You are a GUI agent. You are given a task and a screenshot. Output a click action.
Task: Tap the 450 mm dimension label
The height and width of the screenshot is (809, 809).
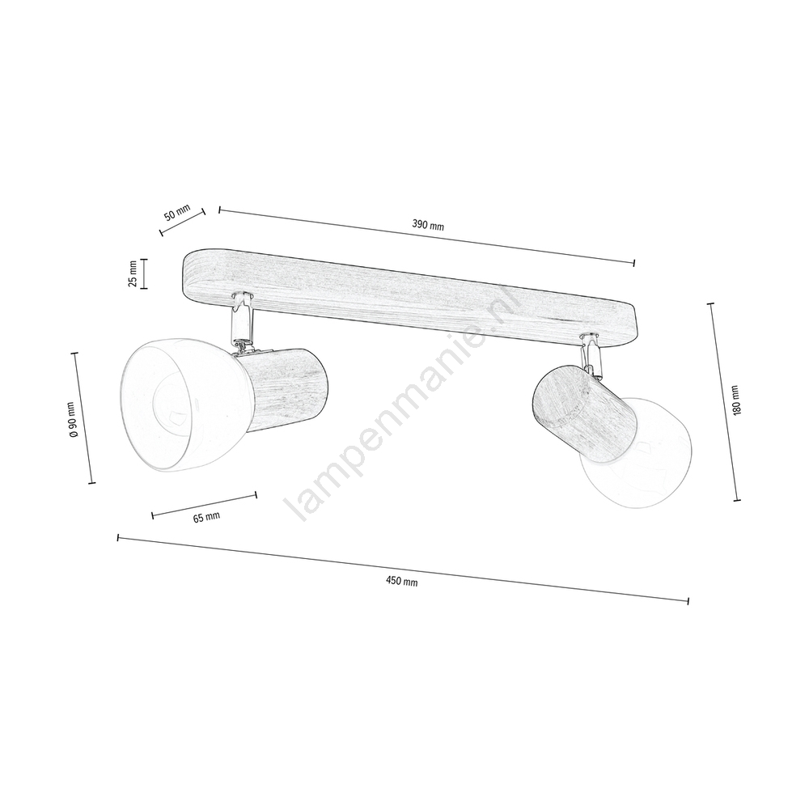401,581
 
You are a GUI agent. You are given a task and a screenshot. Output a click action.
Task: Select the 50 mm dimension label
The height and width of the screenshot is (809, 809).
177,212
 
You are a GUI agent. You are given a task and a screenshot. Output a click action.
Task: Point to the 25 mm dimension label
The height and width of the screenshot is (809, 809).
133,273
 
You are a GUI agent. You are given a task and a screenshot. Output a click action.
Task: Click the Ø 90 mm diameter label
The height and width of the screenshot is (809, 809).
73,419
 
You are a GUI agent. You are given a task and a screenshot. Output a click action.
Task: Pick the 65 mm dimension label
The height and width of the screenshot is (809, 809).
206,517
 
